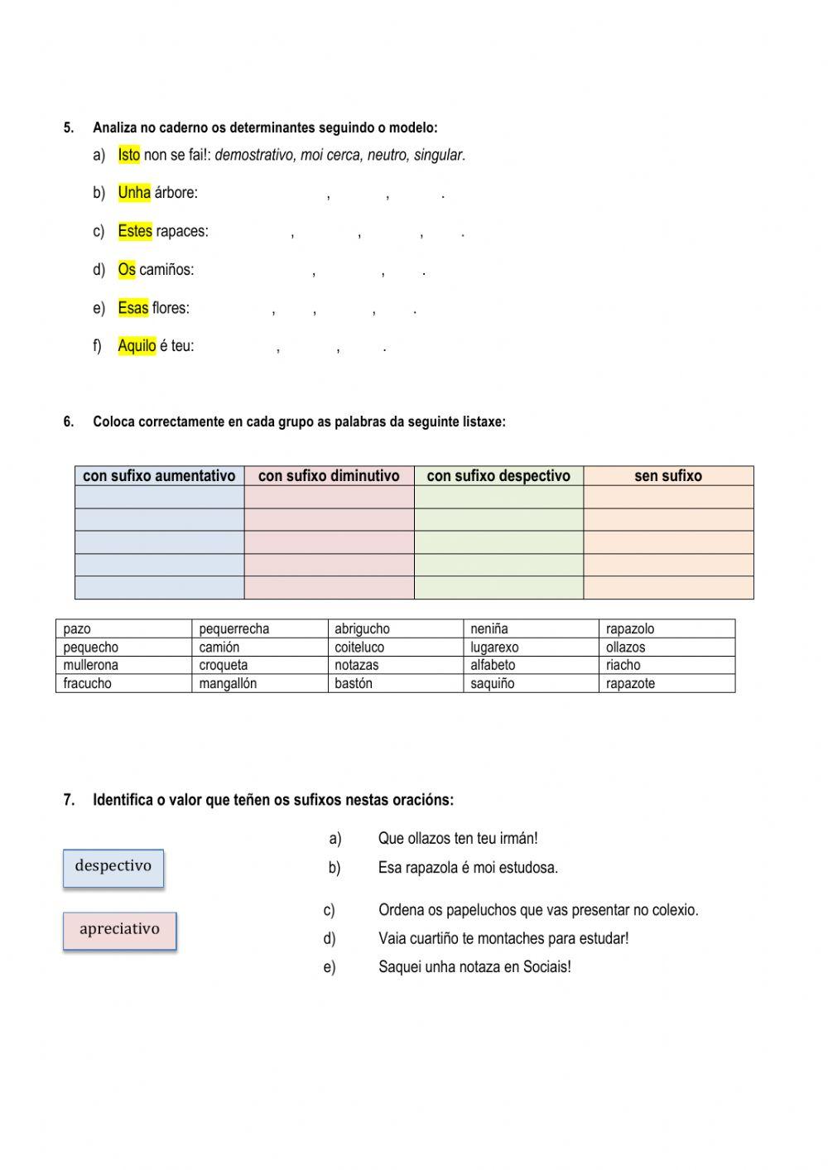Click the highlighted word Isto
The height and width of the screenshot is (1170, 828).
129,155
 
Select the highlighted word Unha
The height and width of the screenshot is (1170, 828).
134,193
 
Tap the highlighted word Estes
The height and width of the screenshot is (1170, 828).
135,231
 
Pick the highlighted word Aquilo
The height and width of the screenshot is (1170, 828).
137,346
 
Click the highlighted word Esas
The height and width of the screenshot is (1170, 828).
133,308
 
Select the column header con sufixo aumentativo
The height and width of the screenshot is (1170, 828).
159,476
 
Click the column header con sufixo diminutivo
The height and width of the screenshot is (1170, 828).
329,476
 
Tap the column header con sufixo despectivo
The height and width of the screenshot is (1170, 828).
498,476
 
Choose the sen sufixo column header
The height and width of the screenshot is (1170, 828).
668,476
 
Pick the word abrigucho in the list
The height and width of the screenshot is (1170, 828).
362,629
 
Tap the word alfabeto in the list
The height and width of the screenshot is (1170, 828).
493,665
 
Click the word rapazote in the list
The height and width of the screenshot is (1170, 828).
630,684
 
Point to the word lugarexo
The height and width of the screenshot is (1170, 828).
494,648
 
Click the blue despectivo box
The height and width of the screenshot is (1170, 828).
113,868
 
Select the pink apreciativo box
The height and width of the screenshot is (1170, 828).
119,931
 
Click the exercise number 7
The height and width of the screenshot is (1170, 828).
69,800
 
